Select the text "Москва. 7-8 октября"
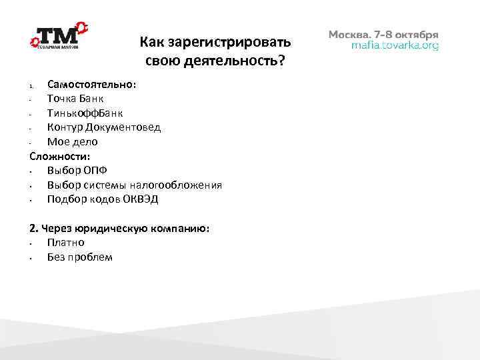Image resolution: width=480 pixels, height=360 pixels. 383,34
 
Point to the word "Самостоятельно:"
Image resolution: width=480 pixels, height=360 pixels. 92,85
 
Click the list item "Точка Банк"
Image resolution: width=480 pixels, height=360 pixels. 75,99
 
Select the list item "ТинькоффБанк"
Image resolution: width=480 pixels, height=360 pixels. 85,113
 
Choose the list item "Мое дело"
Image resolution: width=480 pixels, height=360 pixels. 72,141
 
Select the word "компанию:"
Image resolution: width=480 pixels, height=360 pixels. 185,228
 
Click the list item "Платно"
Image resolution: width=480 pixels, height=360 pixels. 65,243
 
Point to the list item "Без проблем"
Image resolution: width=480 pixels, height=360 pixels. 80,257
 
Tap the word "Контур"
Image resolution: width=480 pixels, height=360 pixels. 65,127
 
